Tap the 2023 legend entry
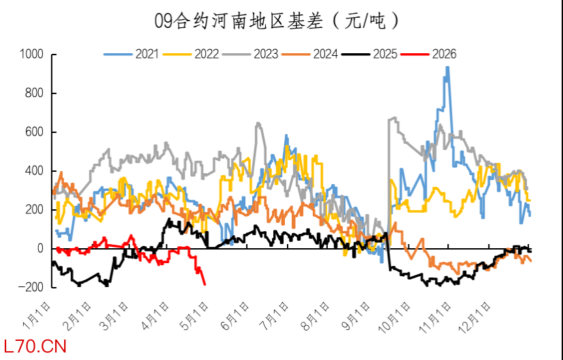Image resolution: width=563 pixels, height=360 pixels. coord(266,54)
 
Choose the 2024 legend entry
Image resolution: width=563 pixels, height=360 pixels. coord(325,54)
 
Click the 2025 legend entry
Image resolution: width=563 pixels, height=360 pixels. coord(385,54)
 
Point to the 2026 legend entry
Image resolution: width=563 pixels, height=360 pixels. coord(444,54)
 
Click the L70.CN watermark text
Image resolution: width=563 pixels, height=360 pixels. coord(35,347)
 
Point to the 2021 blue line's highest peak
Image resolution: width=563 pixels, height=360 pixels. coord(447,67)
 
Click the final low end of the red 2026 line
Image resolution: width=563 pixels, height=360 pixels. coord(204,284)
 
